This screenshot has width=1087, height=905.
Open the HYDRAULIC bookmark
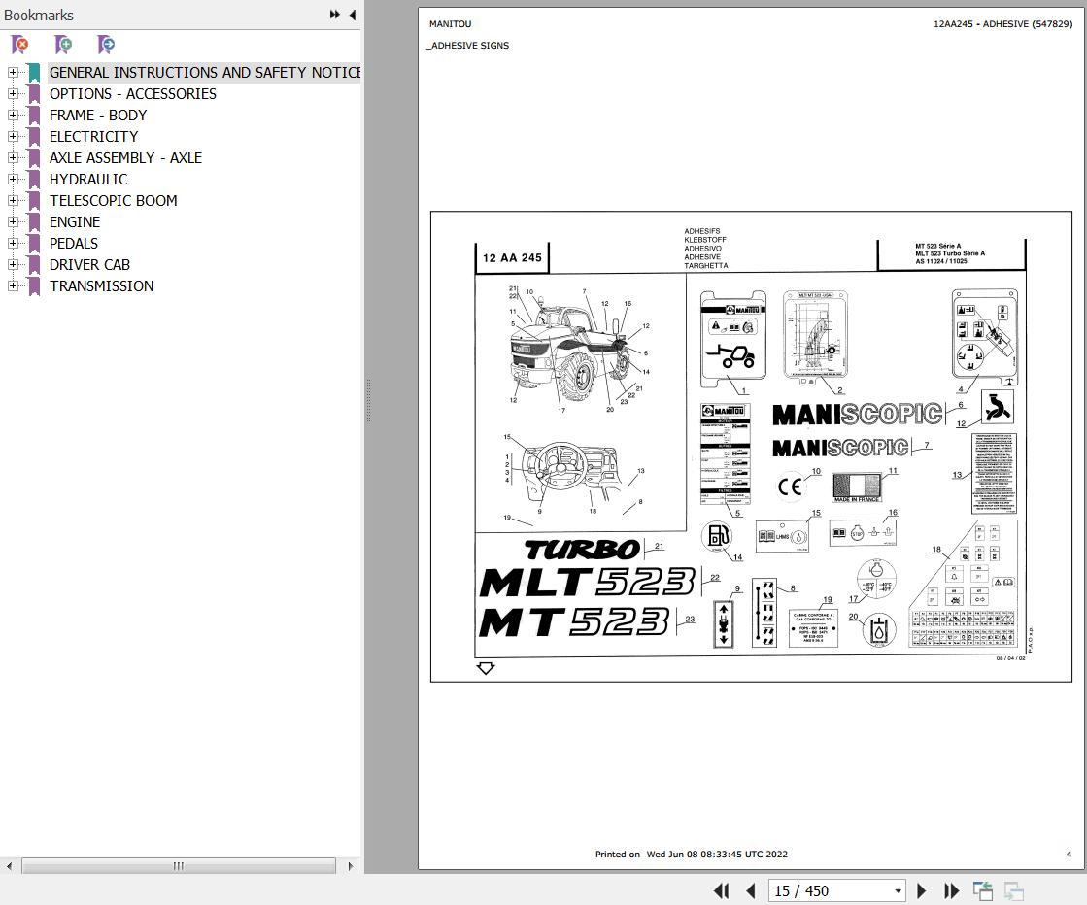pos(88,180)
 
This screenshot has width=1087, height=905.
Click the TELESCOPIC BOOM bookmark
pos(113,201)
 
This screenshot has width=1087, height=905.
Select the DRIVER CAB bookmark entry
pos(89,265)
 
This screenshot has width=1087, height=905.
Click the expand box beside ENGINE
pos(13,222)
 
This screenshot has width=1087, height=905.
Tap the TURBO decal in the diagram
pos(582,550)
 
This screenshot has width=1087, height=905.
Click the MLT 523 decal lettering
pos(587,583)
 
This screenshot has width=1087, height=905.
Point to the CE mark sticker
pos(790,486)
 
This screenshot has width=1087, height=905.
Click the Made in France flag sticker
pos(857,486)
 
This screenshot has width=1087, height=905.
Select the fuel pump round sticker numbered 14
pos(717,535)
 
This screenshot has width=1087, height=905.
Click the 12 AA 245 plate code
pos(512,258)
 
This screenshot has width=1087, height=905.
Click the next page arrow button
pos(922,891)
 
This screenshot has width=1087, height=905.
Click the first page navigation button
pos(721,891)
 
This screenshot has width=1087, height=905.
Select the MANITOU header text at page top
pos(450,24)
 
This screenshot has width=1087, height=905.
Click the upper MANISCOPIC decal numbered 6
pos(857,415)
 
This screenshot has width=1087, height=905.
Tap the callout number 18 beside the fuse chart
pos(936,550)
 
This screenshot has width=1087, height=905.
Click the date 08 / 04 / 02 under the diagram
pos(1010,658)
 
